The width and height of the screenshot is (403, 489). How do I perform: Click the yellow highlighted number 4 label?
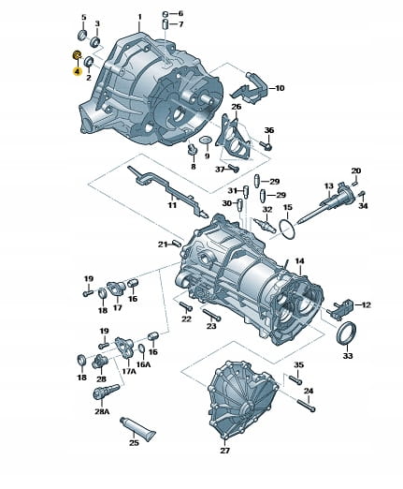coord(78,71)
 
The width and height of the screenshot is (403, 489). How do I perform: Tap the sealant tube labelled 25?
coord(137,425)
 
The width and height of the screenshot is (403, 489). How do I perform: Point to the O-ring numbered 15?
coord(287,230)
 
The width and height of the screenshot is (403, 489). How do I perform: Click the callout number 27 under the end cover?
coord(224,451)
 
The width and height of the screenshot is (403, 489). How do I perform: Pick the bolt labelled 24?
coord(307,405)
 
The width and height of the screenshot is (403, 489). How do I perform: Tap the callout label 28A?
coord(102,411)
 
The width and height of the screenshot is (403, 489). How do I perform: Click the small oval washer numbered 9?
coord(205,141)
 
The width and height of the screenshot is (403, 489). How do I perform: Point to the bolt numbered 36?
coord(266,145)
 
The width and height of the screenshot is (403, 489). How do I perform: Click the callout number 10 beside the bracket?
coord(280,88)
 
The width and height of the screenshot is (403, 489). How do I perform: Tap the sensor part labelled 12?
coord(340,307)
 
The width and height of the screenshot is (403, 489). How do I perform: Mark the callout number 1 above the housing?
coord(139,16)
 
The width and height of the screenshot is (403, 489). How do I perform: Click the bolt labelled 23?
coord(211,314)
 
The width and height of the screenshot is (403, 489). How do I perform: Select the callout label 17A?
coord(128,371)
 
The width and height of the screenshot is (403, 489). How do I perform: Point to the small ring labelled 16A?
coord(141,350)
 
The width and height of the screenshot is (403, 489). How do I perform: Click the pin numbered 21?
coord(177,243)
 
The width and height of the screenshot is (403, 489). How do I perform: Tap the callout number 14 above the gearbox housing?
coord(299,261)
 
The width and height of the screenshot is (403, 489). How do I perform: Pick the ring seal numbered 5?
coord(82,35)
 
